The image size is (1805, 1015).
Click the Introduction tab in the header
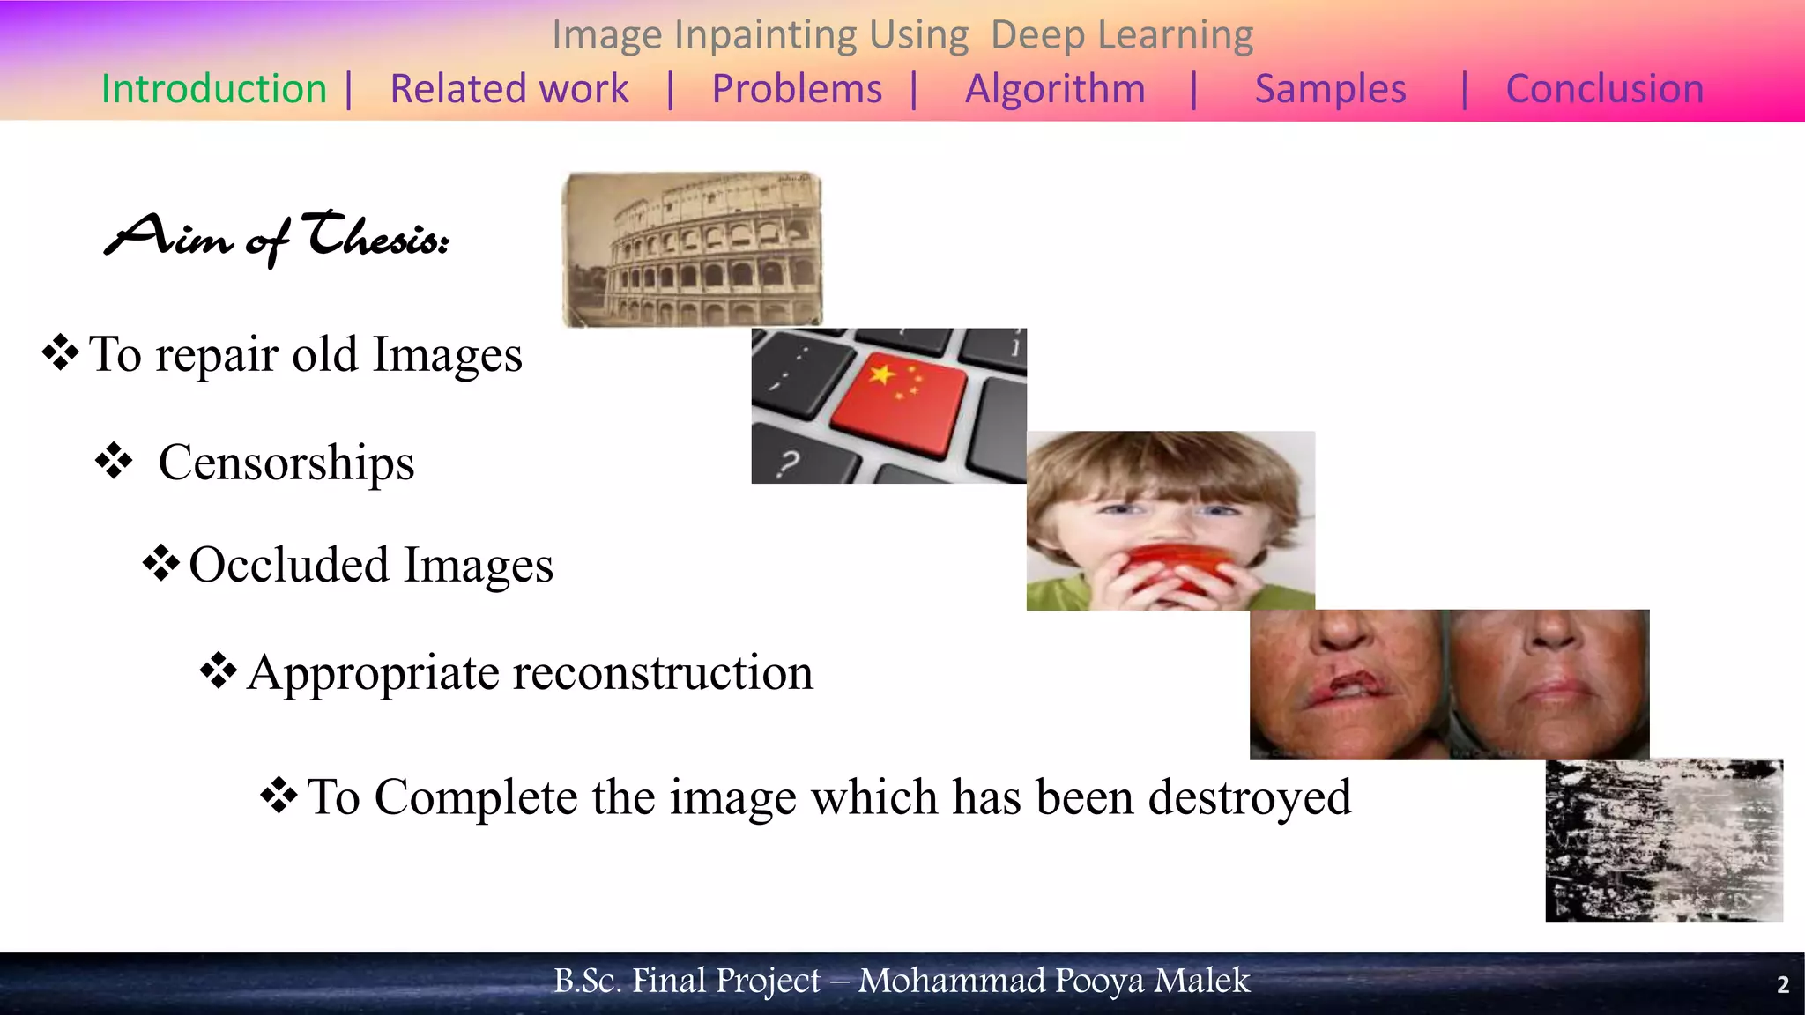pos(214,89)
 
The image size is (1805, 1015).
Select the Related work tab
pos(509,89)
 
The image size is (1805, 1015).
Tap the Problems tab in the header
pos(797,89)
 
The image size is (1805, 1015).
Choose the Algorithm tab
pos(1055,89)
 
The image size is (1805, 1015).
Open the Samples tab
pos(1330,89)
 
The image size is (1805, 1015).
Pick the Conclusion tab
pos(1605,89)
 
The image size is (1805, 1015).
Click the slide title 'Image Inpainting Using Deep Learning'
pos(902,35)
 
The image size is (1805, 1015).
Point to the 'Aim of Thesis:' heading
pos(278,238)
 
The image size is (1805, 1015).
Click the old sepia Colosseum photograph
pos(693,249)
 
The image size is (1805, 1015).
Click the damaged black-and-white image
pos(1664,841)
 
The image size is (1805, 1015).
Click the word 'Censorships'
pos(286,463)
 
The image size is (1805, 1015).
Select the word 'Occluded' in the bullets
pos(289,565)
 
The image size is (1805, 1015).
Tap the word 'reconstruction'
pos(663,673)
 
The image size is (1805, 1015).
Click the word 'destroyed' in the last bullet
pos(1250,797)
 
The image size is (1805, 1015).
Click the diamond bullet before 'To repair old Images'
pos(61,352)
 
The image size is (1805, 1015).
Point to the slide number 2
pos(1782,984)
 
